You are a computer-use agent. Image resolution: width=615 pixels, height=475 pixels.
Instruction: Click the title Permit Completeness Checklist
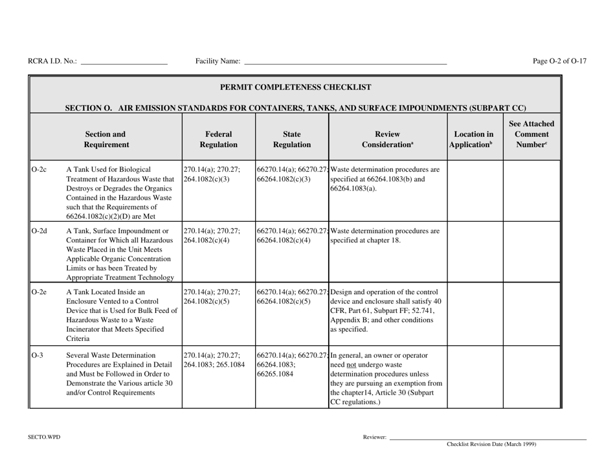pyautogui.click(x=296, y=86)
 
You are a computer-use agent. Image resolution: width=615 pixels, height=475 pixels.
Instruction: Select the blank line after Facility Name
pyautogui.click(x=345, y=62)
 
